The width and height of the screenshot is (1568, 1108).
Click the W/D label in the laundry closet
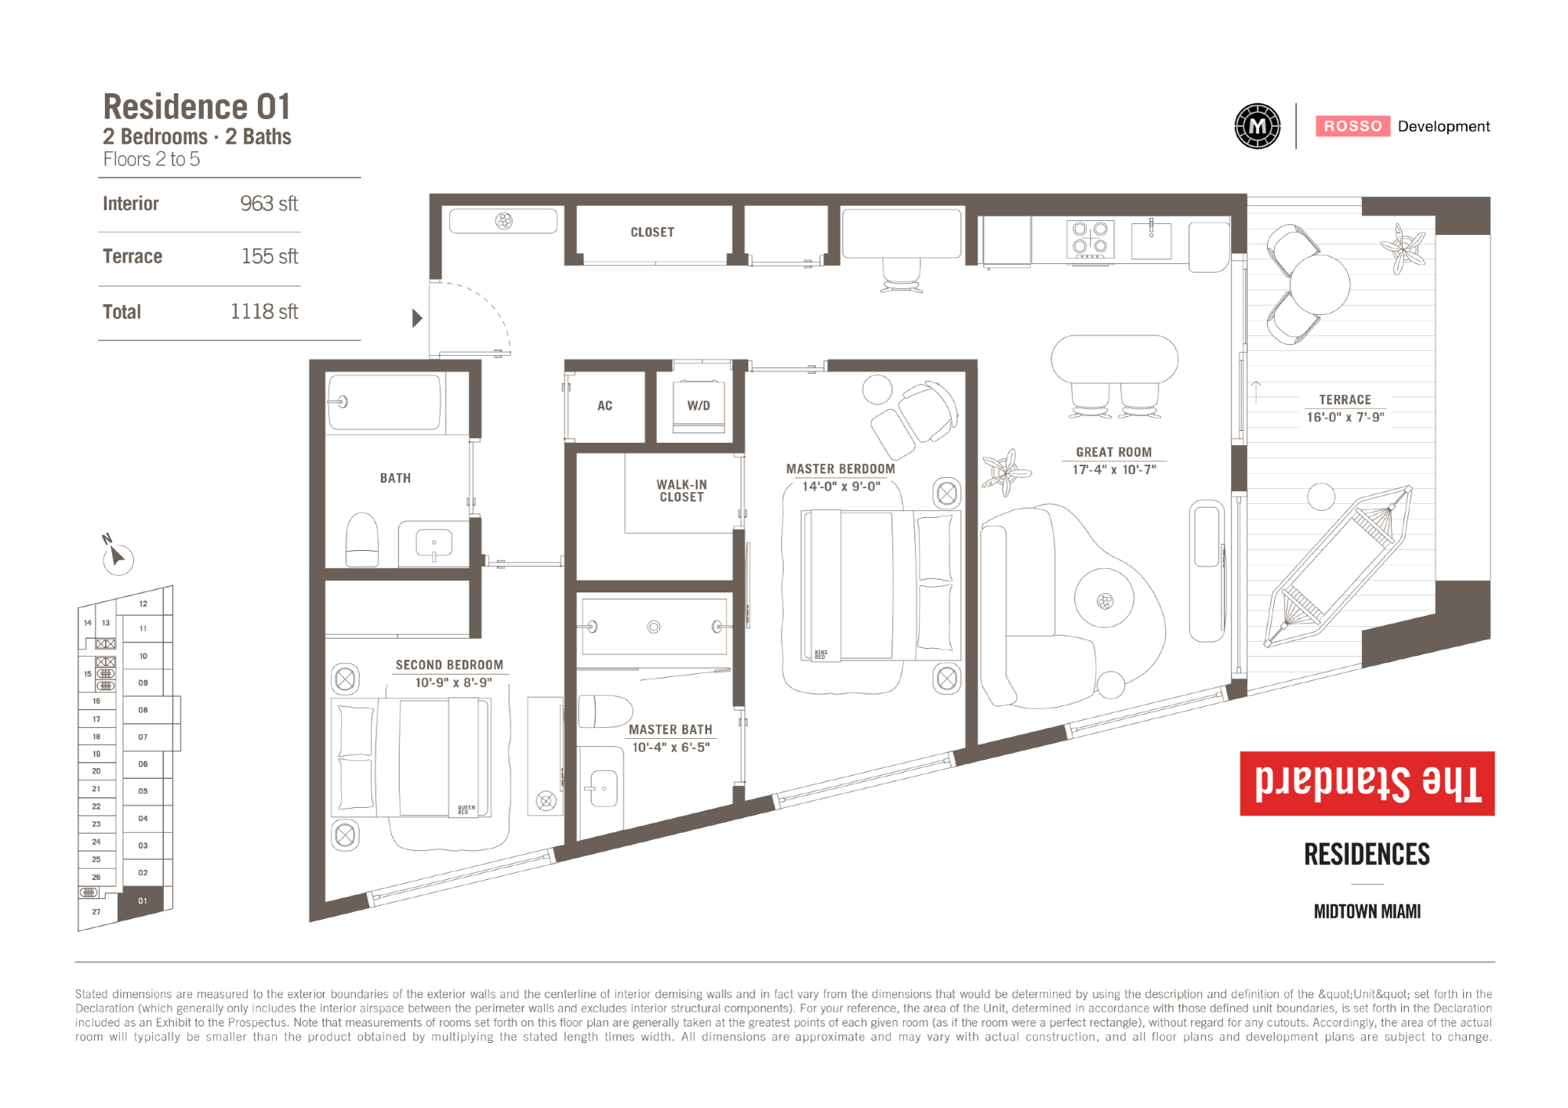point(699,406)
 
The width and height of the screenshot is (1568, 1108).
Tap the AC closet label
point(604,406)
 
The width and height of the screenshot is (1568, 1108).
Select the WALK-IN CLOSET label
point(682,491)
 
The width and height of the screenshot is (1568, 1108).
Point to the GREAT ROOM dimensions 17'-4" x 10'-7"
point(1114,470)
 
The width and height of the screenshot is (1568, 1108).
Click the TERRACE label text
point(1345,400)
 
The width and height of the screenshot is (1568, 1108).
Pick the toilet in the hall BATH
point(362,540)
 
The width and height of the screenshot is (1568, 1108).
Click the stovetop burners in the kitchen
point(1090,240)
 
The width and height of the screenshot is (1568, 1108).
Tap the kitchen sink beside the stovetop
point(1152,240)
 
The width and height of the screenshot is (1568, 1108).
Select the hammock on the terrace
point(1338,565)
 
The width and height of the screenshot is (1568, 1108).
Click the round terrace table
point(1320,284)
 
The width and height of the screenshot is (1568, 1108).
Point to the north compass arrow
point(118,556)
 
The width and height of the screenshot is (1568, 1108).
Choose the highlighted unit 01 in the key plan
point(142,901)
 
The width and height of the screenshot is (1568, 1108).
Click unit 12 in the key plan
point(143,603)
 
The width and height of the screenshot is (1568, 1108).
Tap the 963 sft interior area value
point(269,204)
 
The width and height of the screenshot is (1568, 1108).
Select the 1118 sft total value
point(264,312)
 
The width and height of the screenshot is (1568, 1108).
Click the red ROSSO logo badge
point(1353,126)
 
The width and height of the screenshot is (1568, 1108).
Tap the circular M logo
point(1258,126)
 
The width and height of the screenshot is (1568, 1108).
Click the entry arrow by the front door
point(417,318)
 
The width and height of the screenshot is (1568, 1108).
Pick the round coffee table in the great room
point(1104,601)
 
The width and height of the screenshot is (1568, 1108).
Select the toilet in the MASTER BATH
point(605,712)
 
